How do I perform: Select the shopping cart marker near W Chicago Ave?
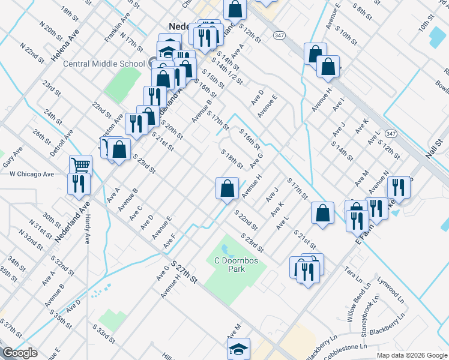click(x=80, y=164)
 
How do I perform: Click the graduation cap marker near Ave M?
click(x=238, y=347)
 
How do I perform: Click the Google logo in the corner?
click(x=20, y=353)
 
